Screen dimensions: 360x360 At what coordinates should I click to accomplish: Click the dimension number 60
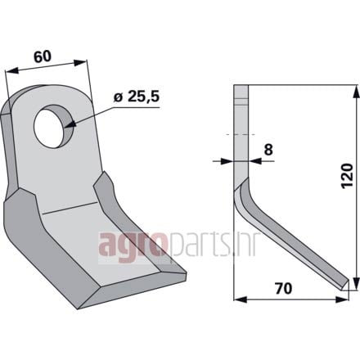click(x=42, y=56)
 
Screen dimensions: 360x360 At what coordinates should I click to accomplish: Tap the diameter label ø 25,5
click(x=136, y=97)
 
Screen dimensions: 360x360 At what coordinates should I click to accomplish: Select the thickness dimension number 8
click(x=268, y=150)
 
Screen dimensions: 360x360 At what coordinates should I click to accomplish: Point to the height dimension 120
click(x=347, y=176)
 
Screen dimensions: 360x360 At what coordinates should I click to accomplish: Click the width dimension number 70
click(x=283, y=289)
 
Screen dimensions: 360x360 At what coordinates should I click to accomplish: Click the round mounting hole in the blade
click(x=53, y=126)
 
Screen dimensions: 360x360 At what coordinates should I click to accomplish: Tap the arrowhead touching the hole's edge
click(x=70, y=125)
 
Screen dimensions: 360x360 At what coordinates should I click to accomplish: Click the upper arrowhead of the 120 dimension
click(x=356, y=91)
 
